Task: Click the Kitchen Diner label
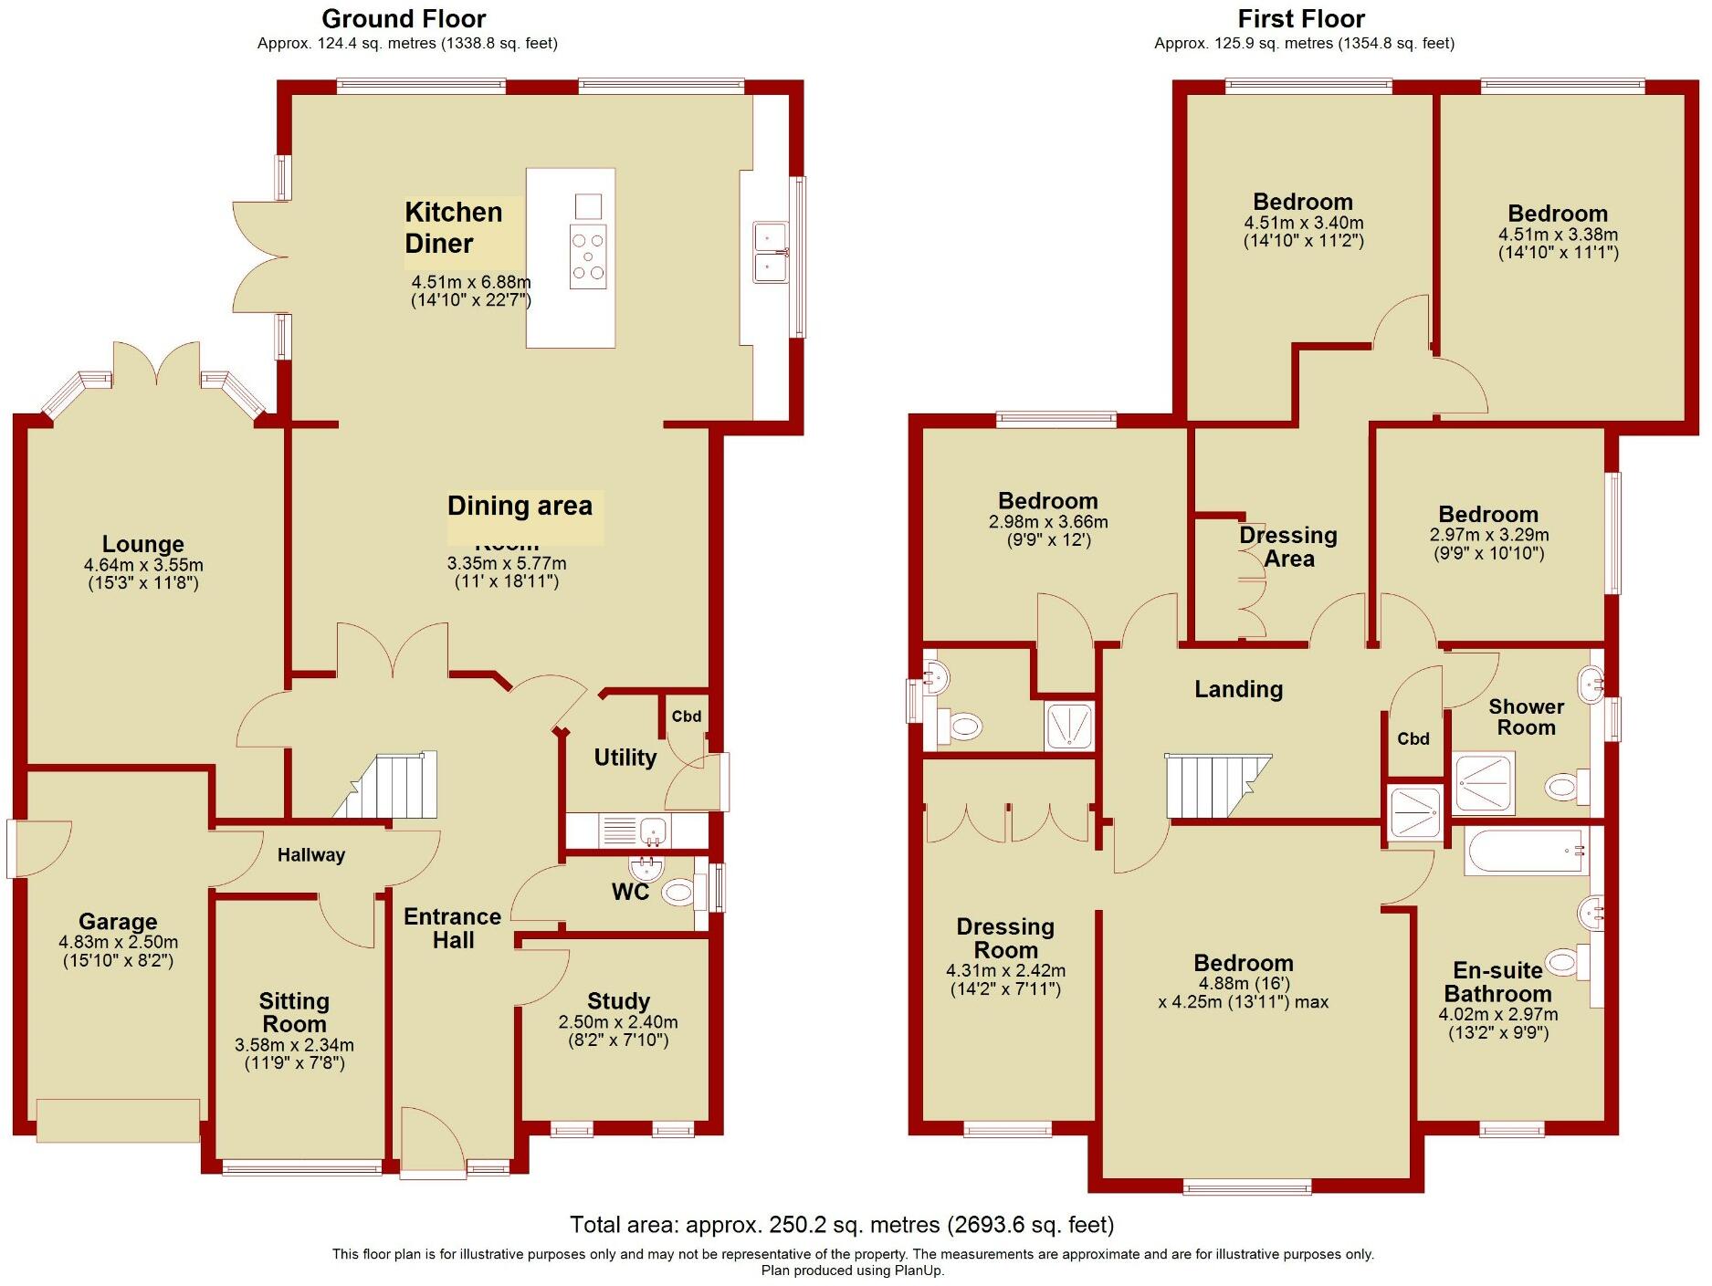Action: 453,227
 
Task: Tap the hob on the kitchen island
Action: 587,256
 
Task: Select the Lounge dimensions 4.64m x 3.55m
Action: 143,565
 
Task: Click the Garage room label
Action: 118,922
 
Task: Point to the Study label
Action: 618,1001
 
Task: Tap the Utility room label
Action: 625,758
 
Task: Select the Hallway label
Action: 311,855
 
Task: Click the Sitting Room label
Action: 294,1012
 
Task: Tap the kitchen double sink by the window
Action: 771,253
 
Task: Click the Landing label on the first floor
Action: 1238,689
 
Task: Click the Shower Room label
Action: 1526,717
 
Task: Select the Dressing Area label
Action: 1287,547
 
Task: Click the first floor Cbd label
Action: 1413,739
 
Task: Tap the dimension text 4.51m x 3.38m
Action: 1558,235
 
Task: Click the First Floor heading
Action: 1301,18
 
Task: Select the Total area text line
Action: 841,1225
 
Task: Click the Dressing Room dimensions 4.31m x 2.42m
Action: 1005,971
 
